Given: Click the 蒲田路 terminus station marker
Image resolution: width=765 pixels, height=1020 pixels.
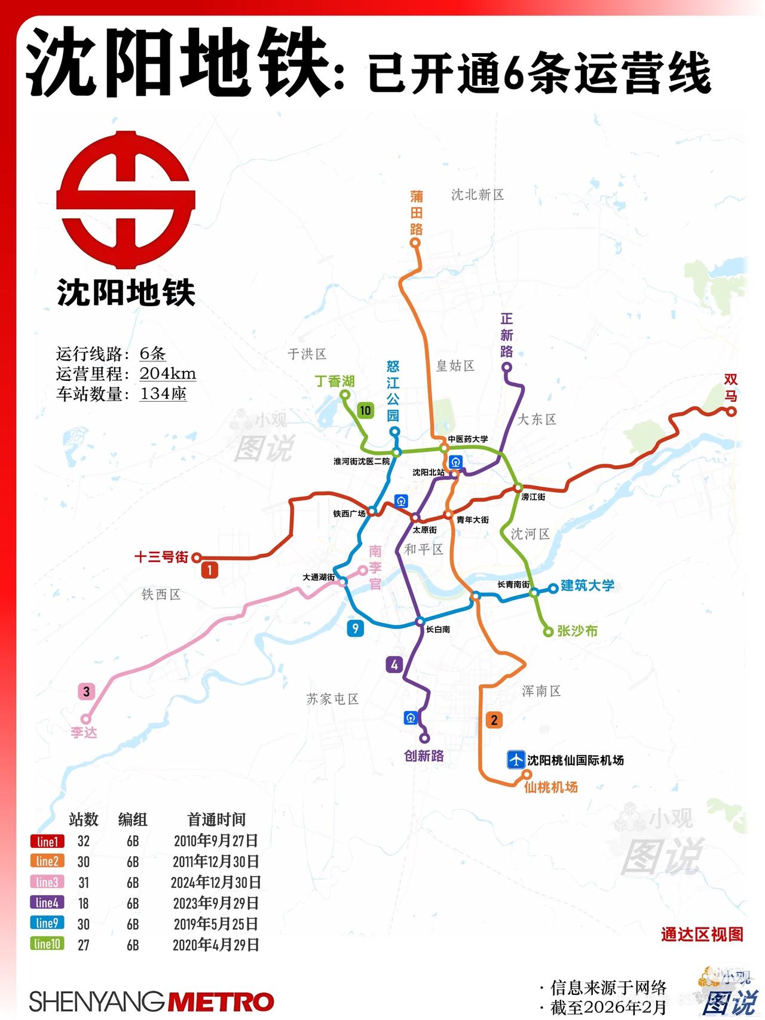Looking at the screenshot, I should click(x=415, y=243).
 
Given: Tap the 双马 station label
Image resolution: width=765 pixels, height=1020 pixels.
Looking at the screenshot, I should click(x=731, y=388).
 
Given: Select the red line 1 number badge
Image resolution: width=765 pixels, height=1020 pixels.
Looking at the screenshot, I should click(x=209, y=570).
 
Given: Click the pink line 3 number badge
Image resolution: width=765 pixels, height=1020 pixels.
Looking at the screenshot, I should click(x=87, y=692).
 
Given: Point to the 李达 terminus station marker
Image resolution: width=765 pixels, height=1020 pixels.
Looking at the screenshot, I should click(x=86, y=719).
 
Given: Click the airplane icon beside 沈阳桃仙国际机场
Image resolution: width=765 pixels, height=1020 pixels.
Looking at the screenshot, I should click(x=515, y=759).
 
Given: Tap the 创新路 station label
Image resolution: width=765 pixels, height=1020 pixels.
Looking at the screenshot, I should click(x=424, y=756).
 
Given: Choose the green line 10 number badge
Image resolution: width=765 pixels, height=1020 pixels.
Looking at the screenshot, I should click(x=365, y=410).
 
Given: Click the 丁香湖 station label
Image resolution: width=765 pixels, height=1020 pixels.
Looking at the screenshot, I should click(x=335, y=381).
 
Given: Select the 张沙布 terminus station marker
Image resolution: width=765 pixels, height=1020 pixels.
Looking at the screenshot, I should click(x=547, y=632).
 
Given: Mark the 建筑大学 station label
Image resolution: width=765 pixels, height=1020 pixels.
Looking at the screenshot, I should click(x=587, y=585).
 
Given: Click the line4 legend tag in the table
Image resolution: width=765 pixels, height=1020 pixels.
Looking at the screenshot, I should click(x=47, y=903).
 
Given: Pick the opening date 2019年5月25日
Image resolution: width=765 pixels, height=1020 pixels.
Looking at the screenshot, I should click(x=216, y=924).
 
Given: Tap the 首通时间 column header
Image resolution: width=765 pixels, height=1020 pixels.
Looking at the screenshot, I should click(x=216, y=819).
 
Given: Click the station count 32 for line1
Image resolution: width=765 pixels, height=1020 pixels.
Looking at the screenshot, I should click(x=84, y=841).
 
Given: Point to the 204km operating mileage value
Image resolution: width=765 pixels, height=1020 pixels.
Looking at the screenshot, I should click(x=168, y=374).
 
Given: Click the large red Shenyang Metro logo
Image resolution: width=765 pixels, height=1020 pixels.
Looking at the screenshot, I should click(x=126, y=200).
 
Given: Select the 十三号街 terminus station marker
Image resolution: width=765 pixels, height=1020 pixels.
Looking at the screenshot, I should click(x=196, y=558).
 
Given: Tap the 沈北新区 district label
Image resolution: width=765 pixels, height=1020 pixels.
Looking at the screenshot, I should click(x=477, y=194).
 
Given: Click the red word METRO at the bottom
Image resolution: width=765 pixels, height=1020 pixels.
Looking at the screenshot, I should click(x=221, y=1002).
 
